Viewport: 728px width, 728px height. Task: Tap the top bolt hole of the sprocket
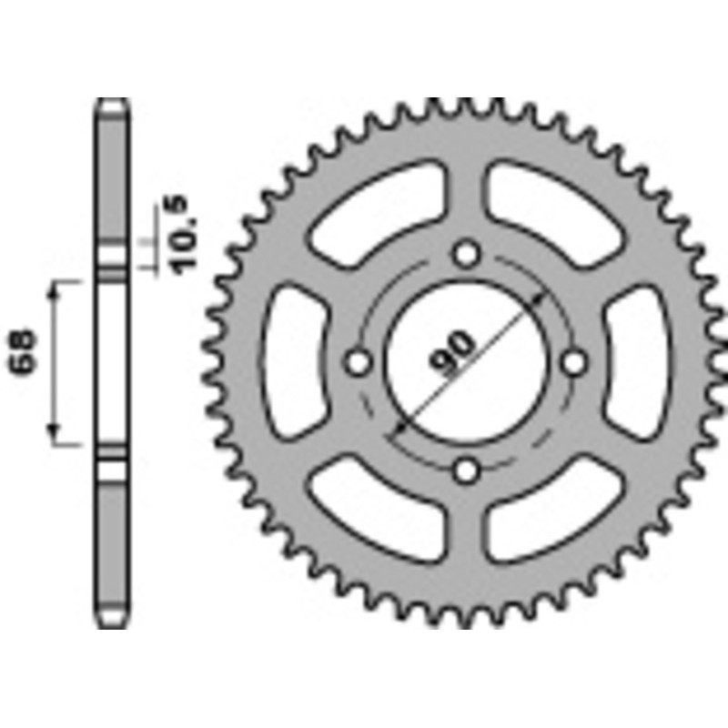[x=467, y=253]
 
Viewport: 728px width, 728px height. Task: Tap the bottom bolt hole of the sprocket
[x=467, y=470]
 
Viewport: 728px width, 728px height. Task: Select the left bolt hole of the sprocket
[x=359, y=362]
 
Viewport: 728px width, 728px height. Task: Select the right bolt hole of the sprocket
[x=574, y=362]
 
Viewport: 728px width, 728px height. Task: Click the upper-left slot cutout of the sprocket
[x=382, y=211]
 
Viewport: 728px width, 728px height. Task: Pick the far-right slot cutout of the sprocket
[x=640, y=362]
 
